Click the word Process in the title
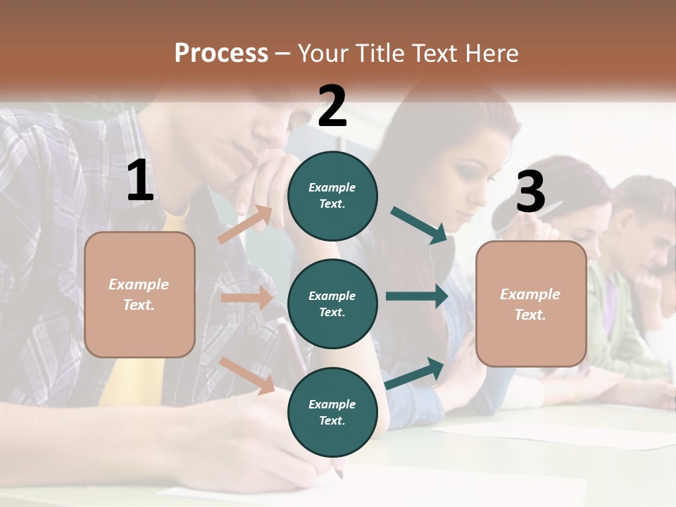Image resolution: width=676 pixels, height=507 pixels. tap(221, 54)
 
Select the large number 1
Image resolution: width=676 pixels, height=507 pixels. tap(140, 181)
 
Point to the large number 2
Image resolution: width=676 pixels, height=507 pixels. tap(332, 106)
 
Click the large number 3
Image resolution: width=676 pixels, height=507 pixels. tap(531, 192)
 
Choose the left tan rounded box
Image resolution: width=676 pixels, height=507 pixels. tap(139, 294)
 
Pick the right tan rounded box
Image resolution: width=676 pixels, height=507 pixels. tap(531, 304)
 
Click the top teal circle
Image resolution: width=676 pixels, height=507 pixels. tap(332, 196)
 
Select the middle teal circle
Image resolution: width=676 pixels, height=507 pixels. tap(332, 303)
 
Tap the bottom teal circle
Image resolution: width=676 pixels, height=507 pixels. tap(332, 412)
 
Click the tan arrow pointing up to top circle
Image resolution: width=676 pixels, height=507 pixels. tap(245, 224)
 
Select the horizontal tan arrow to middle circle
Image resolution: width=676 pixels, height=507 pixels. tap(246, 298)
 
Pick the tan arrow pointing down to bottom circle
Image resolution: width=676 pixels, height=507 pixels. tap(247, 375)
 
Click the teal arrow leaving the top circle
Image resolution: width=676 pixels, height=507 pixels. tap(419, 225)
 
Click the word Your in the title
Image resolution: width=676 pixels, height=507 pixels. tap(323, 54)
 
